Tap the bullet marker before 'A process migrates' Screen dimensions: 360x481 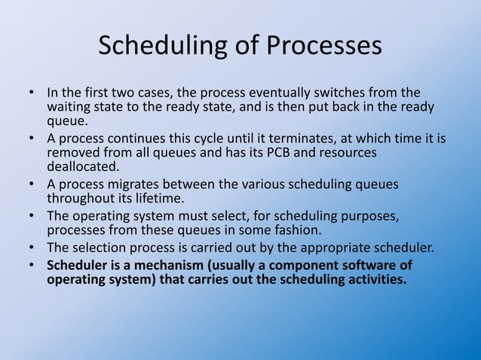point(33,185)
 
